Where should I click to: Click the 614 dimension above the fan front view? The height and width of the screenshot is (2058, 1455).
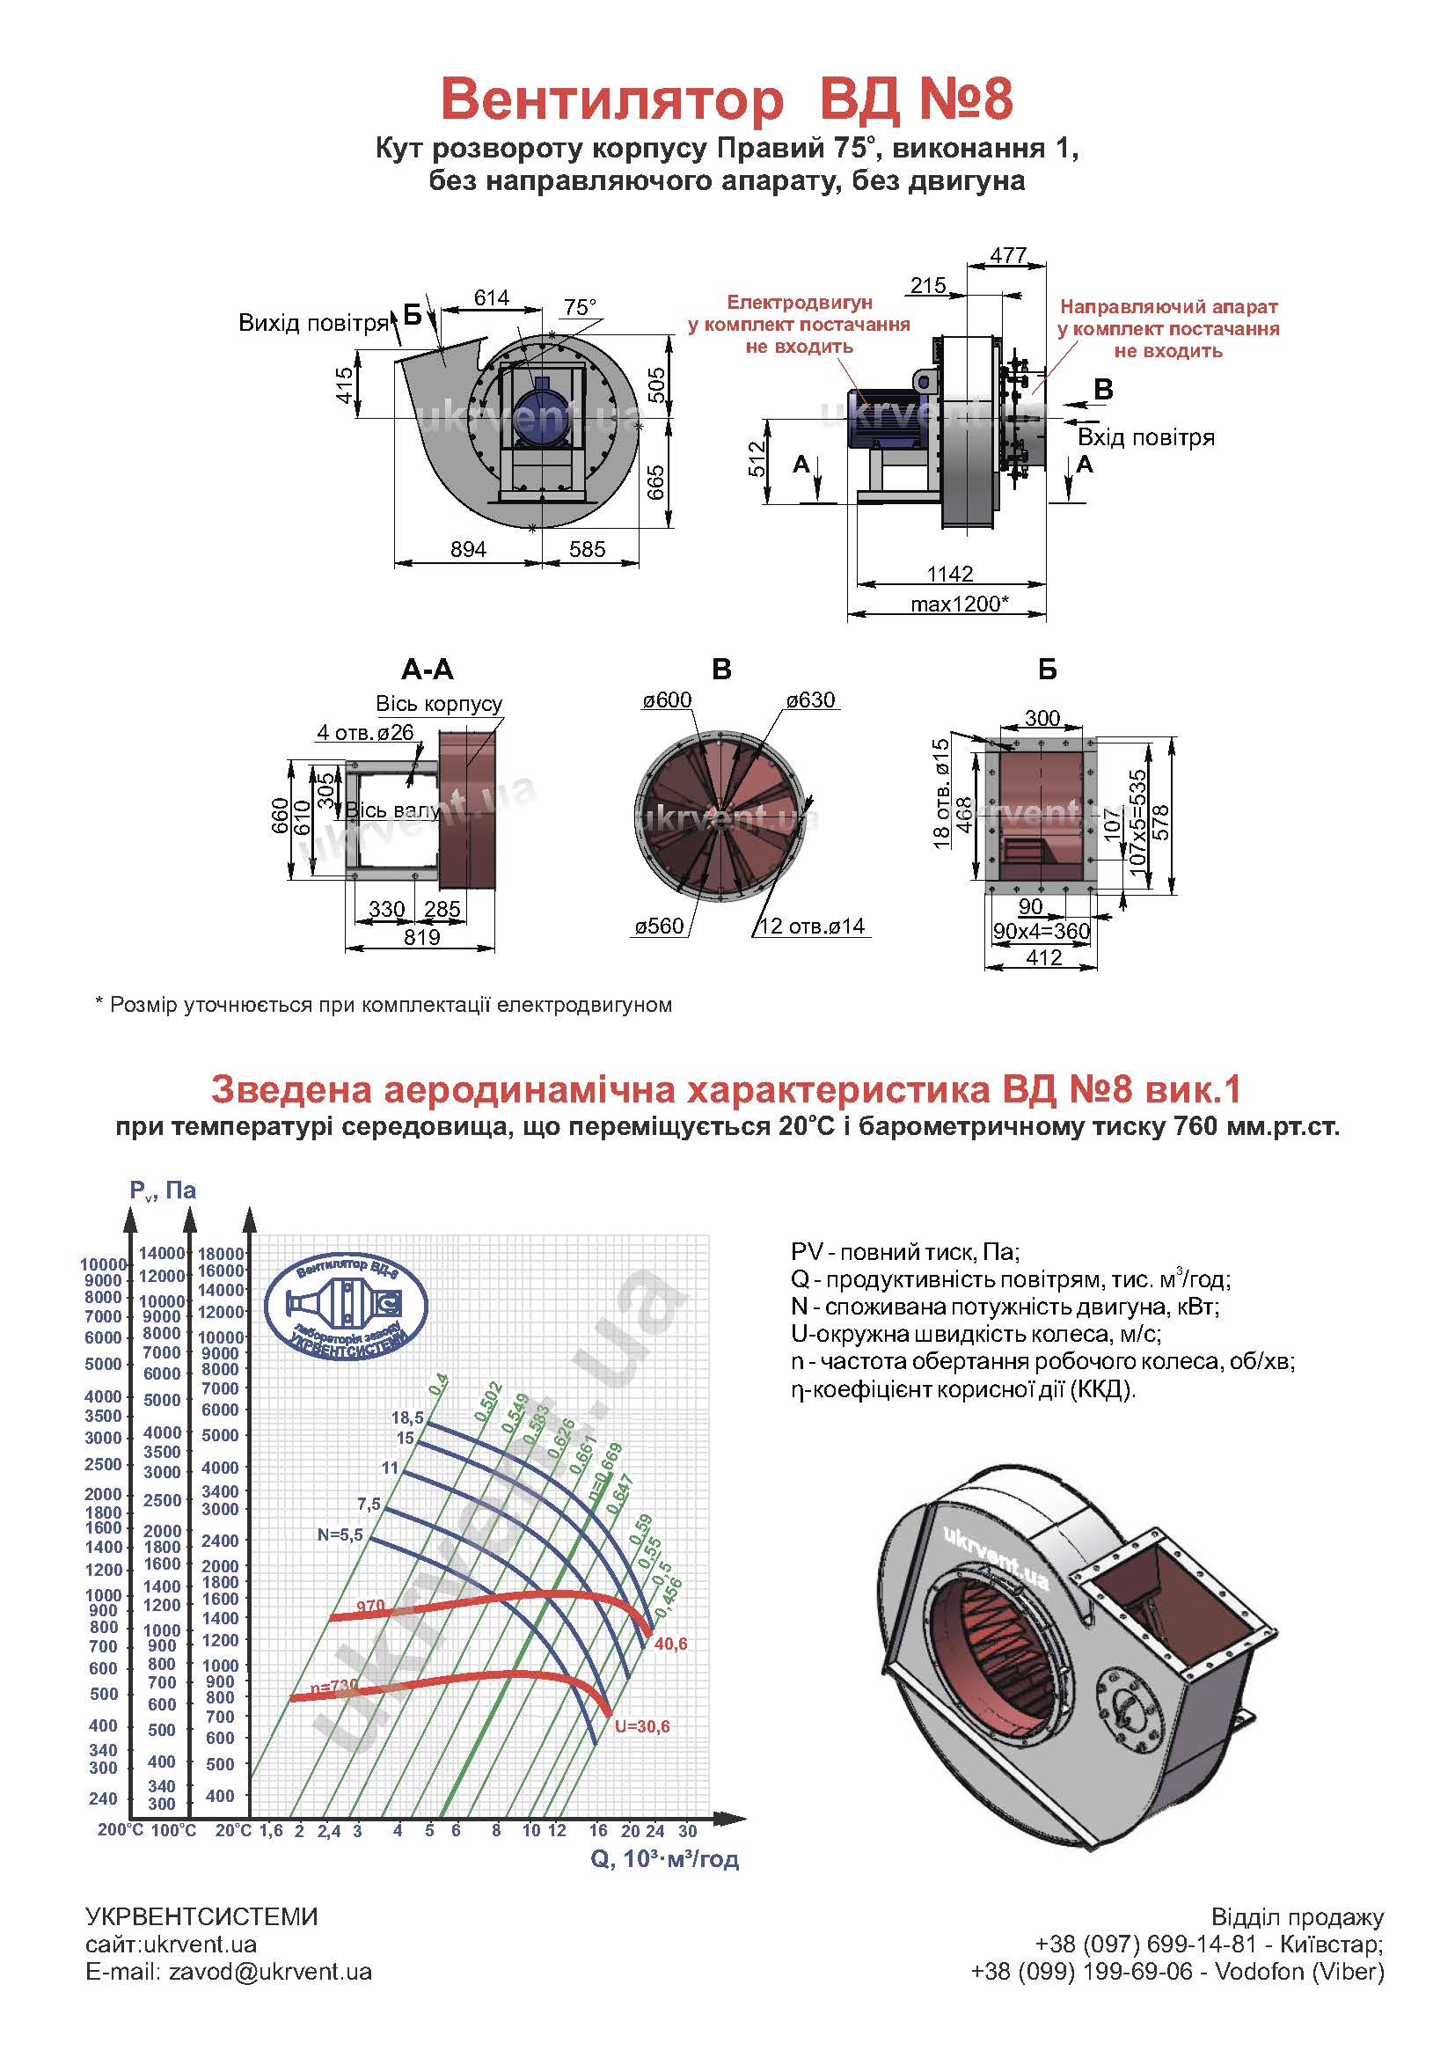[492, 297]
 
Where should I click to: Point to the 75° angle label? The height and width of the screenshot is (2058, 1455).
[580, 307]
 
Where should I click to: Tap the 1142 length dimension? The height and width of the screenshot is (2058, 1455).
[950, 574]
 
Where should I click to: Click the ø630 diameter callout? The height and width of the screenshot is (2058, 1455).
[810, 700]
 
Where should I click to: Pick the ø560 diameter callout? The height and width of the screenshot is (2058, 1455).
[660, 926]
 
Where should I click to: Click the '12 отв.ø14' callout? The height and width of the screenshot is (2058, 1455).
[812, 926]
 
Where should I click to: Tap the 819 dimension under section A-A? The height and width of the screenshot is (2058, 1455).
[422, 938]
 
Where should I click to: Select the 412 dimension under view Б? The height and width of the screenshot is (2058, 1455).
[1044, 957]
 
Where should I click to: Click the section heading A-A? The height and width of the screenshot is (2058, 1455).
[428, 670]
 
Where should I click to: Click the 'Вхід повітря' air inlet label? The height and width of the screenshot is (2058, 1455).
[1146, 437]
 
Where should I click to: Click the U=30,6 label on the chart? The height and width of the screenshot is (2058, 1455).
[642, 1727]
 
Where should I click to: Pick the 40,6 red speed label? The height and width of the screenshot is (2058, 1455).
[670, 1644]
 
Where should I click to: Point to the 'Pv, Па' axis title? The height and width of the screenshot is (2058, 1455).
[162, 1190]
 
